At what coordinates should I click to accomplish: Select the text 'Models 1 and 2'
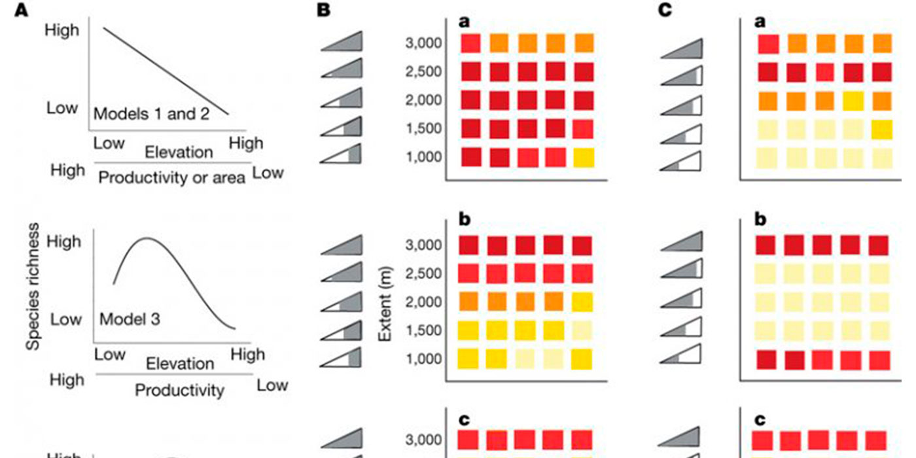151,113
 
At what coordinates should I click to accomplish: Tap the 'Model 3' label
130,320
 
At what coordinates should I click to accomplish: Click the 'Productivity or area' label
172,178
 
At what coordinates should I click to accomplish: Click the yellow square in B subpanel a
584,158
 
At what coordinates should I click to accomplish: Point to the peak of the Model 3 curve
147,238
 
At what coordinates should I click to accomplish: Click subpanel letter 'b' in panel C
760,219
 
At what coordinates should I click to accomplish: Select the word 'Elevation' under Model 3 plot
180,363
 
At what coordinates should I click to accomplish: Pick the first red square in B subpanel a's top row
470,44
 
